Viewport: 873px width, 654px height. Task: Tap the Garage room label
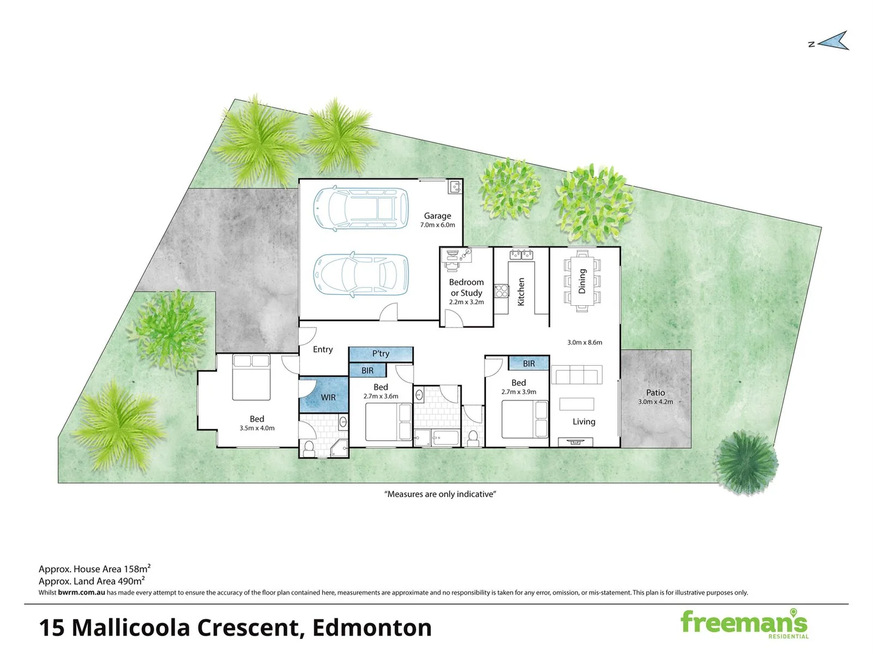click(437, 216)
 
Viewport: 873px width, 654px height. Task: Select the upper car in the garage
click(361, 208)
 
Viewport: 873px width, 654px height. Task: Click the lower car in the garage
click(361, 275)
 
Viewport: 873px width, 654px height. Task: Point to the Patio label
click(656, 392)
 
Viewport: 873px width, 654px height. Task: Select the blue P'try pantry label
click(380, 354)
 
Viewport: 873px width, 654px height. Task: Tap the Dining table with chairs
click(582, 281)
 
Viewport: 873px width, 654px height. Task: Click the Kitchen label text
click(521, 291)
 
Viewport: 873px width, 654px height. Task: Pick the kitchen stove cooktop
click(501, 291)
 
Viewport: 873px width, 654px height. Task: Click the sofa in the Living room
click(577, 375)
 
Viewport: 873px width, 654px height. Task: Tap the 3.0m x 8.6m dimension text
click(585, 342)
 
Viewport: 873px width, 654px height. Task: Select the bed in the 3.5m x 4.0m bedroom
click(251, 377)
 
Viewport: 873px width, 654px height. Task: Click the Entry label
click(323, 349)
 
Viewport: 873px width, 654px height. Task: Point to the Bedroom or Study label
click(466, 287)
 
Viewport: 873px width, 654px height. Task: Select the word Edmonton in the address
click(372, 628)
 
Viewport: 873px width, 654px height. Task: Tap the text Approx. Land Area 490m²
click(91, 581)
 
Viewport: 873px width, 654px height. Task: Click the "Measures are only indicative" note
click(440, 494)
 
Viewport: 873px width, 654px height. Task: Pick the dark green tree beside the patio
click(746, 461)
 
